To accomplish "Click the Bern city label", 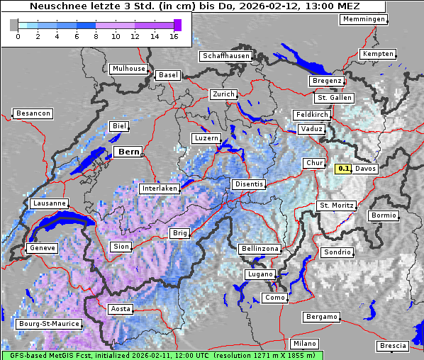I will click(128, 152).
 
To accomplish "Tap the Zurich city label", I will click(223, 94).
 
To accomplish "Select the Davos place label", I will click(366, 169).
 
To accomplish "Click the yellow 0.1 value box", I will click(344, 169).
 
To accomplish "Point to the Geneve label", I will click(41, 248).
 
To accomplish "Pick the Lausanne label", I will click(50, 203).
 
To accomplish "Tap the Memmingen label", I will click(364, 19).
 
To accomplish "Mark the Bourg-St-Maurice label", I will click(48, 325).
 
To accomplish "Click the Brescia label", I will click(393, 345).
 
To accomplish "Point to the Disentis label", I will click(249, 184).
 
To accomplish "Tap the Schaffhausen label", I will click(225, 56).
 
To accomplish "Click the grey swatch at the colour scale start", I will click(13, 25).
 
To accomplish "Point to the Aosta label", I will click(120, 309).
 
